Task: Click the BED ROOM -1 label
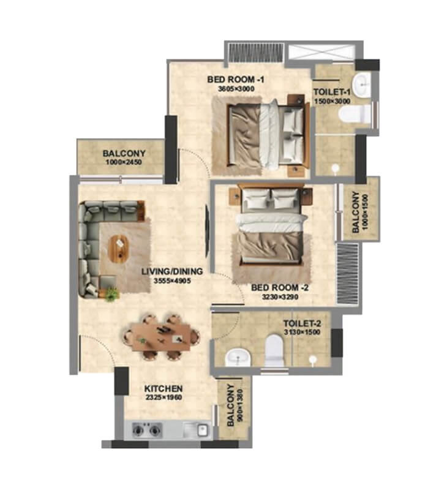tap(235, 79)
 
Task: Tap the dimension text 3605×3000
tap(235, 89)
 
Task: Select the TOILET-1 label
tap(331, 92)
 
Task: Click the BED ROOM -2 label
tap(275, 287)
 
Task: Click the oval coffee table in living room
tap(118, 247)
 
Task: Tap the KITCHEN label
tap(163, 388)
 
